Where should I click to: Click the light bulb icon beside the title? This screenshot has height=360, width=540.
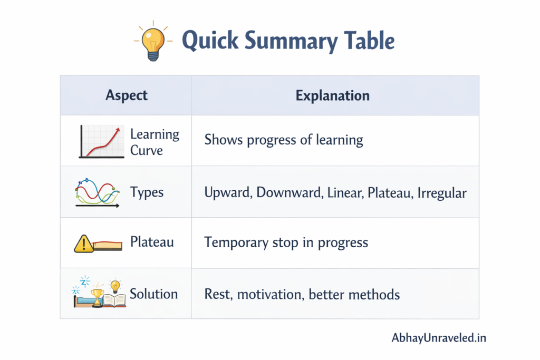pos(152,42)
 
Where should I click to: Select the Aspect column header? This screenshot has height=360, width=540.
pos(127,95)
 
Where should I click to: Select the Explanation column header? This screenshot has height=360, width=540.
pos(332,95)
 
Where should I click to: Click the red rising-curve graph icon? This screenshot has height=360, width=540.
pos(100,141)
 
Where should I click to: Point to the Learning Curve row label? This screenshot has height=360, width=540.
pos(154,142)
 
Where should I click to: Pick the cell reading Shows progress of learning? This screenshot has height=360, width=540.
pos(283,140)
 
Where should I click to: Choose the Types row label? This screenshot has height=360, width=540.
pos(147,192)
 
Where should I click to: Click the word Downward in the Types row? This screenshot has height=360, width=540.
pos(289,193)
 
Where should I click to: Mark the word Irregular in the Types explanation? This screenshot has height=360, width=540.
pos(442,193)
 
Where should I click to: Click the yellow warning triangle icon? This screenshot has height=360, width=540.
pos(83,244)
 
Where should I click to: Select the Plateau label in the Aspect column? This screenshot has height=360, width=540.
pos(152,242)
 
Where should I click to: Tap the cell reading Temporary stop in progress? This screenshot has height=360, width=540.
pos(286,242)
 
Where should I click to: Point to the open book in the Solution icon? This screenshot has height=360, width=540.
pos(114,300)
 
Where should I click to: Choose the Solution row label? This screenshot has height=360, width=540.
pos(153,294)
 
